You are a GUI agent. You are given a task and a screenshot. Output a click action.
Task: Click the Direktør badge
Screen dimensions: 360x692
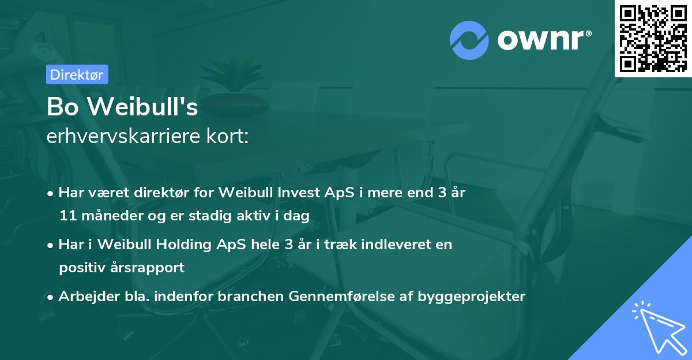77,74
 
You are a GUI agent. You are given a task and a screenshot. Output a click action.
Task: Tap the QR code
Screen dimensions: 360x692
653,38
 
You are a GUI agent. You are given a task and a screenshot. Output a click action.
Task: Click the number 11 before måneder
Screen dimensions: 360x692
66,216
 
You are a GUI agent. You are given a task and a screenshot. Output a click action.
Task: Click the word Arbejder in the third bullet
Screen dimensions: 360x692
83,297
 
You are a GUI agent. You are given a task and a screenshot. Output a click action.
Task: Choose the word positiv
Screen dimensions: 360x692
79,267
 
